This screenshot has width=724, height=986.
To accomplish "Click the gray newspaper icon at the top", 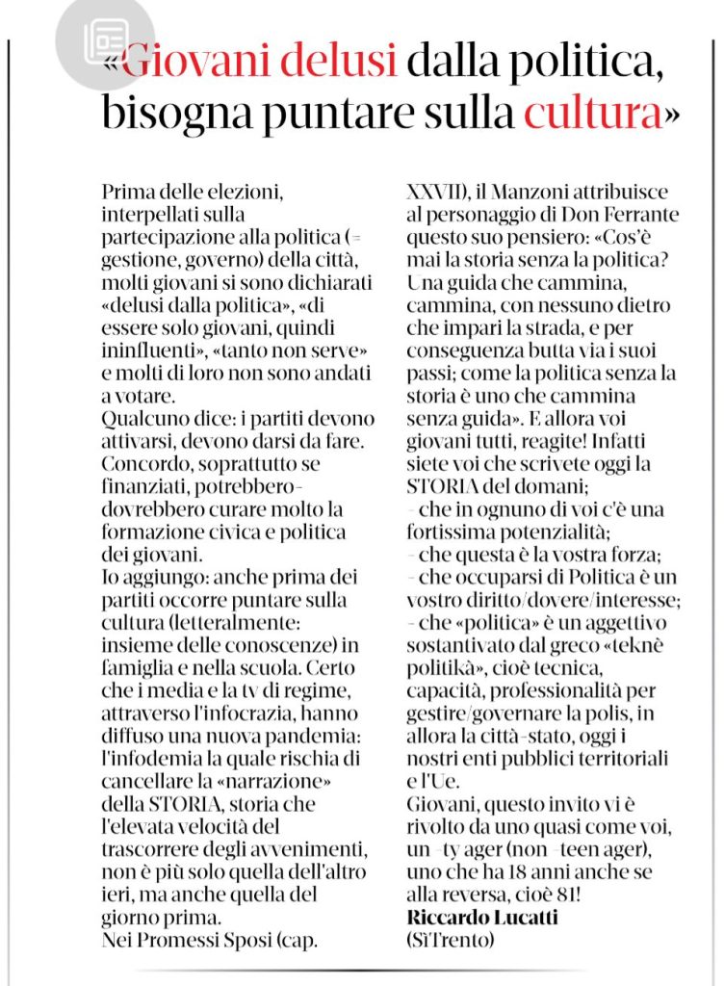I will click(x=105, y=40).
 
